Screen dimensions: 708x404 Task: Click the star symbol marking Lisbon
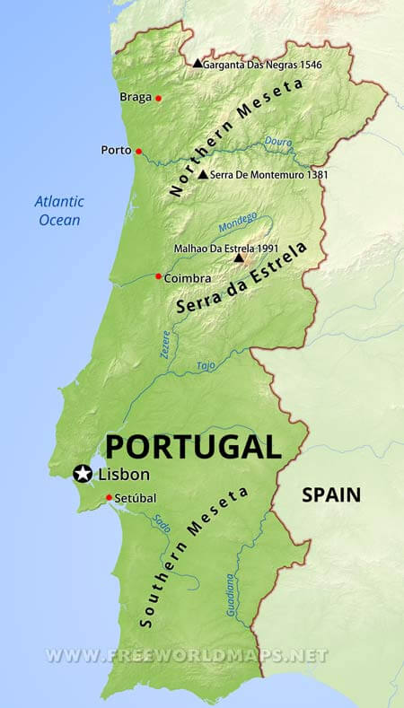coord(83,473)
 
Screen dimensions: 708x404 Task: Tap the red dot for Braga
coord(159,98)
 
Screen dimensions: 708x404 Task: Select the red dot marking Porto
coord(138,151)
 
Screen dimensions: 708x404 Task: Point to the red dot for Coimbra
coord(159,276)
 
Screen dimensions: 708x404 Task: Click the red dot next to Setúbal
coord(109,498)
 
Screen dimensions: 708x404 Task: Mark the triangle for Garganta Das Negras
coord(198,63)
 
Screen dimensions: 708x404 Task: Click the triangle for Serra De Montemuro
coord(203,174)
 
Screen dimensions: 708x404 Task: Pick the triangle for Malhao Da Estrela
coord(239,258)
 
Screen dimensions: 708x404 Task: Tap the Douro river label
coord(279,141)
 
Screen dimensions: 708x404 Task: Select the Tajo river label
coord(206,365)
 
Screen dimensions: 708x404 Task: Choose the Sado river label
coord(161,523)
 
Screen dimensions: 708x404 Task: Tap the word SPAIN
coord(330,494)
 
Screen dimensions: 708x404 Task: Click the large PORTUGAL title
coord(192,446)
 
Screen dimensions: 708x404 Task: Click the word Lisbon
coord(125,474)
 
